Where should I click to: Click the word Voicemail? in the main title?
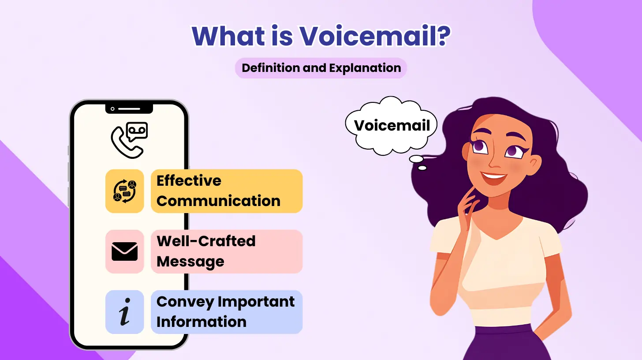pyautogui.click(x=375, y=36)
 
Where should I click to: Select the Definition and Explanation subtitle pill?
pyautogui.click(x=321, y=68)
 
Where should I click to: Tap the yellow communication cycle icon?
pyautogui.click(x=125, y=191)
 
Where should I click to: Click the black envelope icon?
pyautogui.click(x=125, y=251)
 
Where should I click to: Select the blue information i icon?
pyautogui.click(x=125, y=311)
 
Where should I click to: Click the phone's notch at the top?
pyautogui.click(x=129, y=108)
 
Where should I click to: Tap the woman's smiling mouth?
pyautogui.click(x=494, y=178)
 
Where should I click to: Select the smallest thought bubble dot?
pyautogui.click(x=422, y=168)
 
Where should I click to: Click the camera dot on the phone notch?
pyautogui.click(x=113, y=109)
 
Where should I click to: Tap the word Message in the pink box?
pyautogui.click(x=190, y=262)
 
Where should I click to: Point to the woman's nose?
pyautogui.click(x=494, y=162)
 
